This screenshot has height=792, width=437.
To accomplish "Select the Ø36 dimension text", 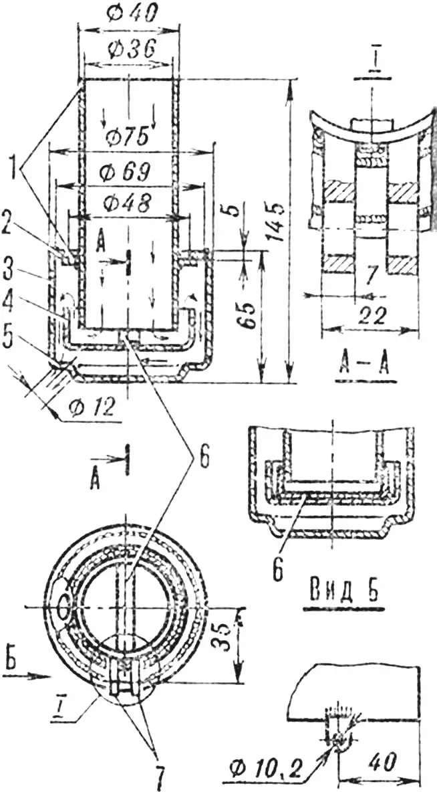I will tap(130, 48).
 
